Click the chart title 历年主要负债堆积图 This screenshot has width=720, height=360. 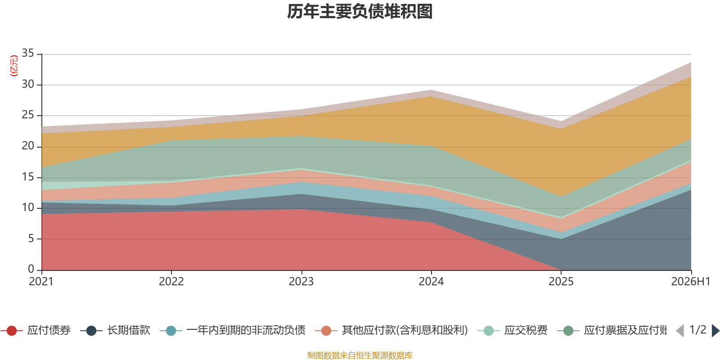coord(360,12)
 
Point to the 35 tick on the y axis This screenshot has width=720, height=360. coord(28,53)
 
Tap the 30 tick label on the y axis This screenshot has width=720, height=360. coord(28,84)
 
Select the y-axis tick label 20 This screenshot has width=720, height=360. coord(28,146)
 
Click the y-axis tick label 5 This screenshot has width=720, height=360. coord(31,238)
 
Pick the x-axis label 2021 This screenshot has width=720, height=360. coord(41,282)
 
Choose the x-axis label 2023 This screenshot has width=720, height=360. coord(301,282)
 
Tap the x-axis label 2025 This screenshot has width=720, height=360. coord(561,282)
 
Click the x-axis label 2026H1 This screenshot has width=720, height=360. coord(691,282)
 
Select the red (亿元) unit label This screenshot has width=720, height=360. coord(14,66)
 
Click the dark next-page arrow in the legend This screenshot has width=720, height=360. coord(715,331)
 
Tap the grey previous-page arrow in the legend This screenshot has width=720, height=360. coord(680,331)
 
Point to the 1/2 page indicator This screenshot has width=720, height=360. coord(698,330)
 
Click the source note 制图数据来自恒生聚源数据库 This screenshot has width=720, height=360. coord(360,355)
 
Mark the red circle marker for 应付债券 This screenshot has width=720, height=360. coord(12,331)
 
